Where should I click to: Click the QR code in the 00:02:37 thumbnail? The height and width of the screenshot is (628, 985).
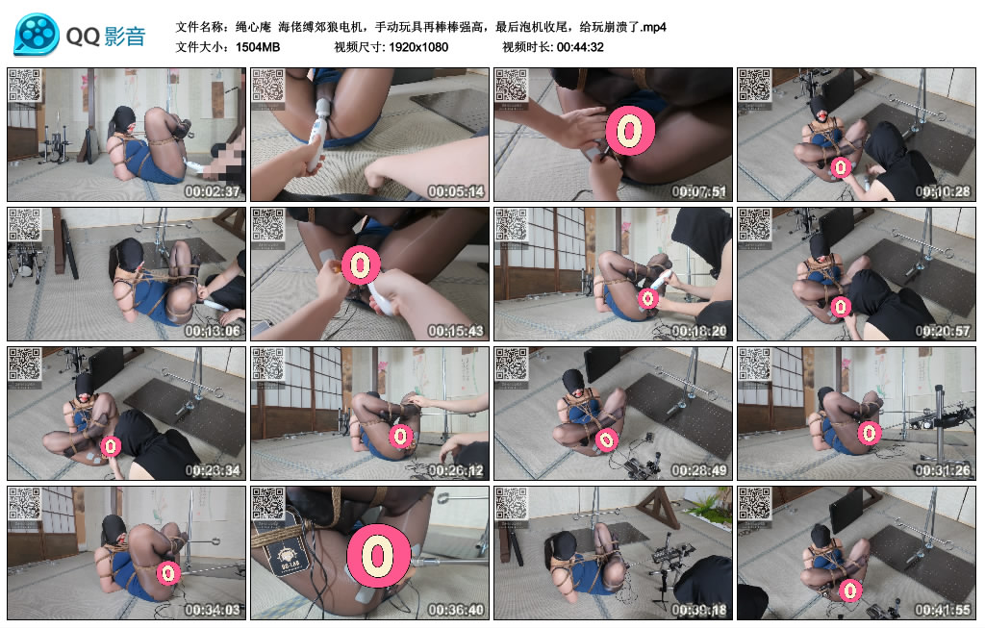pos(24,86)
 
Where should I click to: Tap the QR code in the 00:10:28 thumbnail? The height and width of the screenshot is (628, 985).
pos(755,86)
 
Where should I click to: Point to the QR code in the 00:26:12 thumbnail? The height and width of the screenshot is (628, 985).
pos(268,364)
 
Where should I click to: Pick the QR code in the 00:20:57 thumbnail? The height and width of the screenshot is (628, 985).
pos(755,225)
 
